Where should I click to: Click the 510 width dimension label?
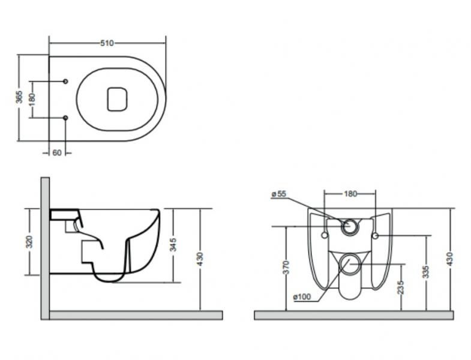[x=107, y=43]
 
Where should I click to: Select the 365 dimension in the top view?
[x=19, y=97]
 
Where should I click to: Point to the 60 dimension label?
[x=57, y=153]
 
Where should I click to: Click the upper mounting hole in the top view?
[x=65, y=81]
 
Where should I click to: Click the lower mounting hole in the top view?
[x=65, y=118]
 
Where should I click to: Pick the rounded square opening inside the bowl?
[x=118, y=98]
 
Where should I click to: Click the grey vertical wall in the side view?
[x=45, y=246]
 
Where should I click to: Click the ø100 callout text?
[x=301, y=298]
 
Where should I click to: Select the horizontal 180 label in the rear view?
[x=350, y=194]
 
